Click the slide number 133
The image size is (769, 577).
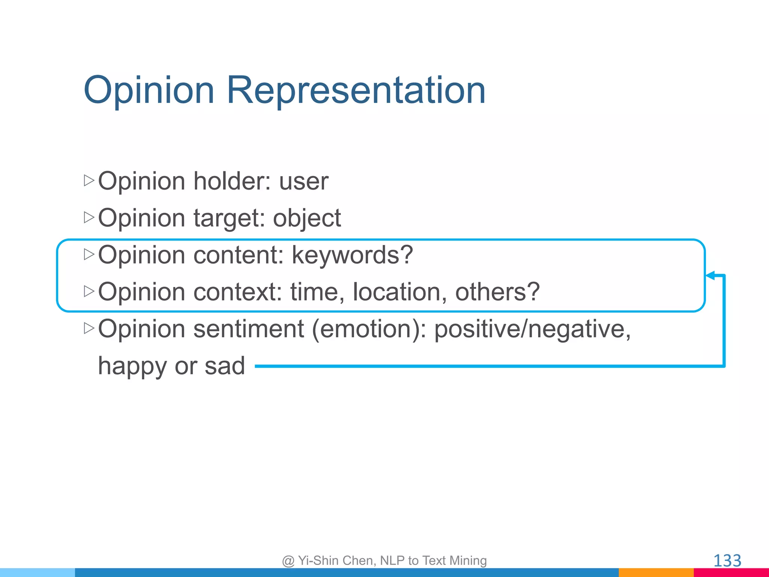point(727,561)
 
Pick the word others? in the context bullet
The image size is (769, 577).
point(497,292)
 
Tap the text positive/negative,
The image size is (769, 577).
point(532,329)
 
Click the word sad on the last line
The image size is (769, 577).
point(225,366)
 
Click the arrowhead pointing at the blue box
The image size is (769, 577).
point(710,276)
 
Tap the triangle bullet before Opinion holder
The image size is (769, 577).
point(89,180)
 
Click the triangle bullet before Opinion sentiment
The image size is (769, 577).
point(89,328)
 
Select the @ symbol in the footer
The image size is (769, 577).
point(288,561)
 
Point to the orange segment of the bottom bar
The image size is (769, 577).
point(656,572)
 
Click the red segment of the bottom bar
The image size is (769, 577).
point(731,572)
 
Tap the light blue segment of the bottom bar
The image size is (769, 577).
point(38,572)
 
